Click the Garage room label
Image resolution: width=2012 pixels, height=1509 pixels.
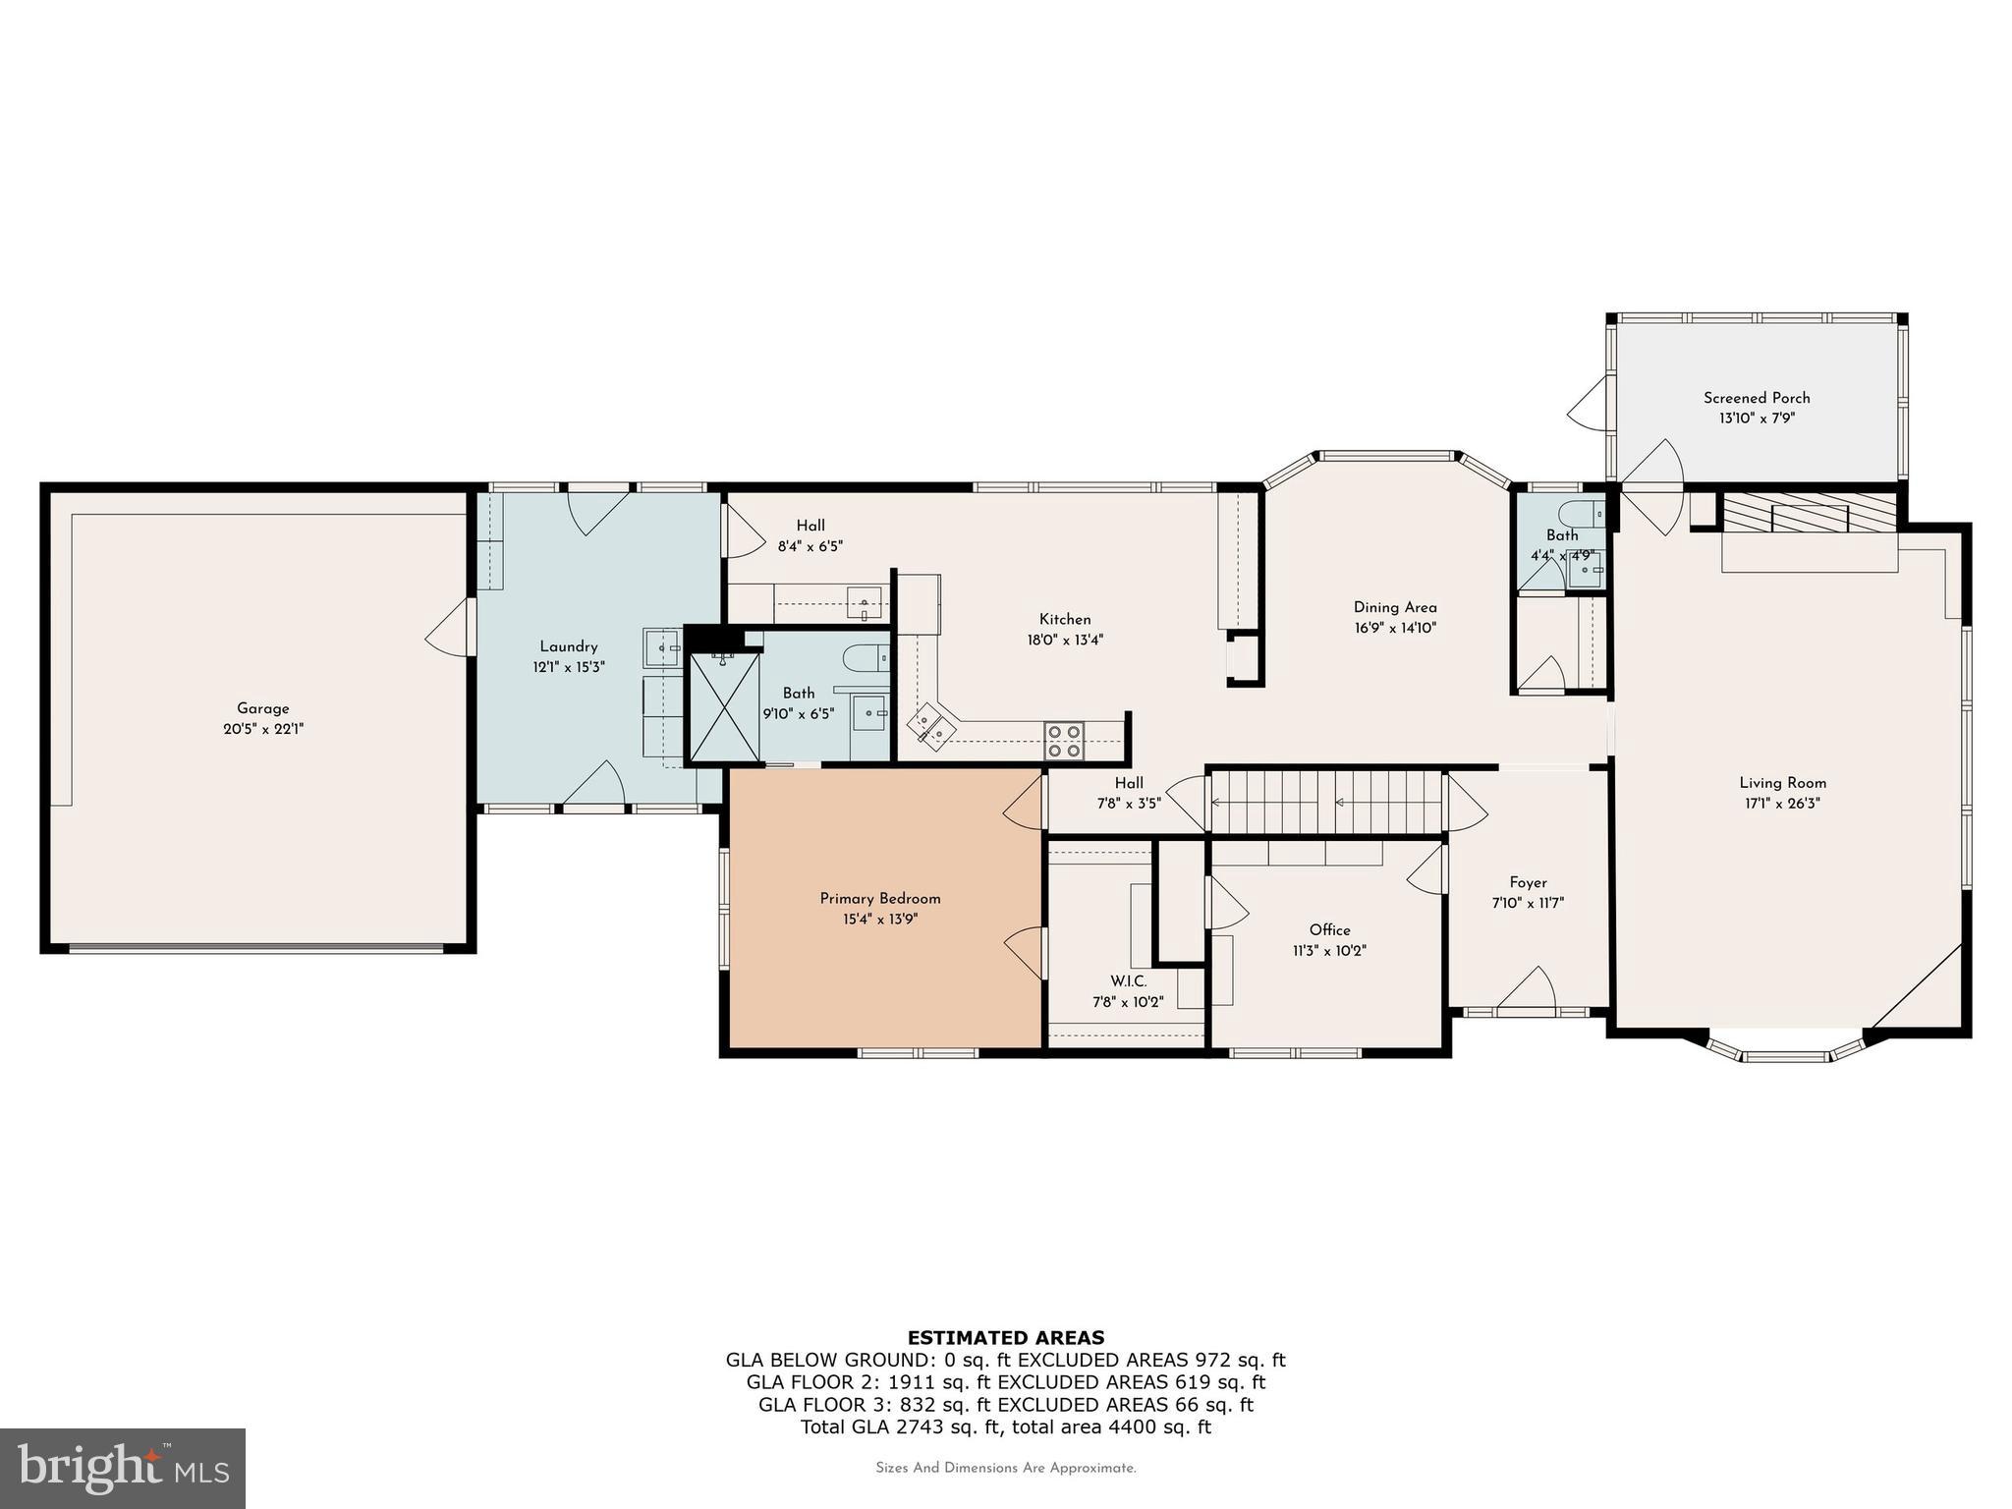point(262,708)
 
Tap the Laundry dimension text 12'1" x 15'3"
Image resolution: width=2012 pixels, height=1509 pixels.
point(569,667)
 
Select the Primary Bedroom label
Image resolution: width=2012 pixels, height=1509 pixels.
point(880,899)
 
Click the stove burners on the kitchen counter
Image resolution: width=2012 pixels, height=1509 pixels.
point(1064,741)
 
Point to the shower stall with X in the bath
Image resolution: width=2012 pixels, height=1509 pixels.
point(725,707)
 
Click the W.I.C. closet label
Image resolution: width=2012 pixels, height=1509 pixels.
point(1128,981)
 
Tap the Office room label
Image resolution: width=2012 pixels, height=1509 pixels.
point(1329,930)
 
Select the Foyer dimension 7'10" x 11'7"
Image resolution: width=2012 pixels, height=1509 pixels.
point(1528,903)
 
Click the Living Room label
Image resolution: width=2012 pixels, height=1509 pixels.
point(1782,783)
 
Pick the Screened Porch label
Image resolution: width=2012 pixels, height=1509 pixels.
point(1757,398)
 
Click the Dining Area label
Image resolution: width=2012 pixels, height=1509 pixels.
point(1395,607)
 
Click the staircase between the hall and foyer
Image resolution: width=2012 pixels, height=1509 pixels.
point(1326,802)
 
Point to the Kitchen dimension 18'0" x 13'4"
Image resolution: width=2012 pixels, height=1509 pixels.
point(1065,640)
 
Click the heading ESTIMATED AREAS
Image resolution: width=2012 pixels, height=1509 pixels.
point(1005,1337)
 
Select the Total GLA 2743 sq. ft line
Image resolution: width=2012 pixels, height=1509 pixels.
point(1005,1427)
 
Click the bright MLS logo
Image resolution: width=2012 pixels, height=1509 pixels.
point(123,1468)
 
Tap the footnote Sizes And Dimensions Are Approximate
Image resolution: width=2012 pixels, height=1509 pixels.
point(1005,1468)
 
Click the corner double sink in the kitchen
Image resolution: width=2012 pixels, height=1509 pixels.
point(928,727)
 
